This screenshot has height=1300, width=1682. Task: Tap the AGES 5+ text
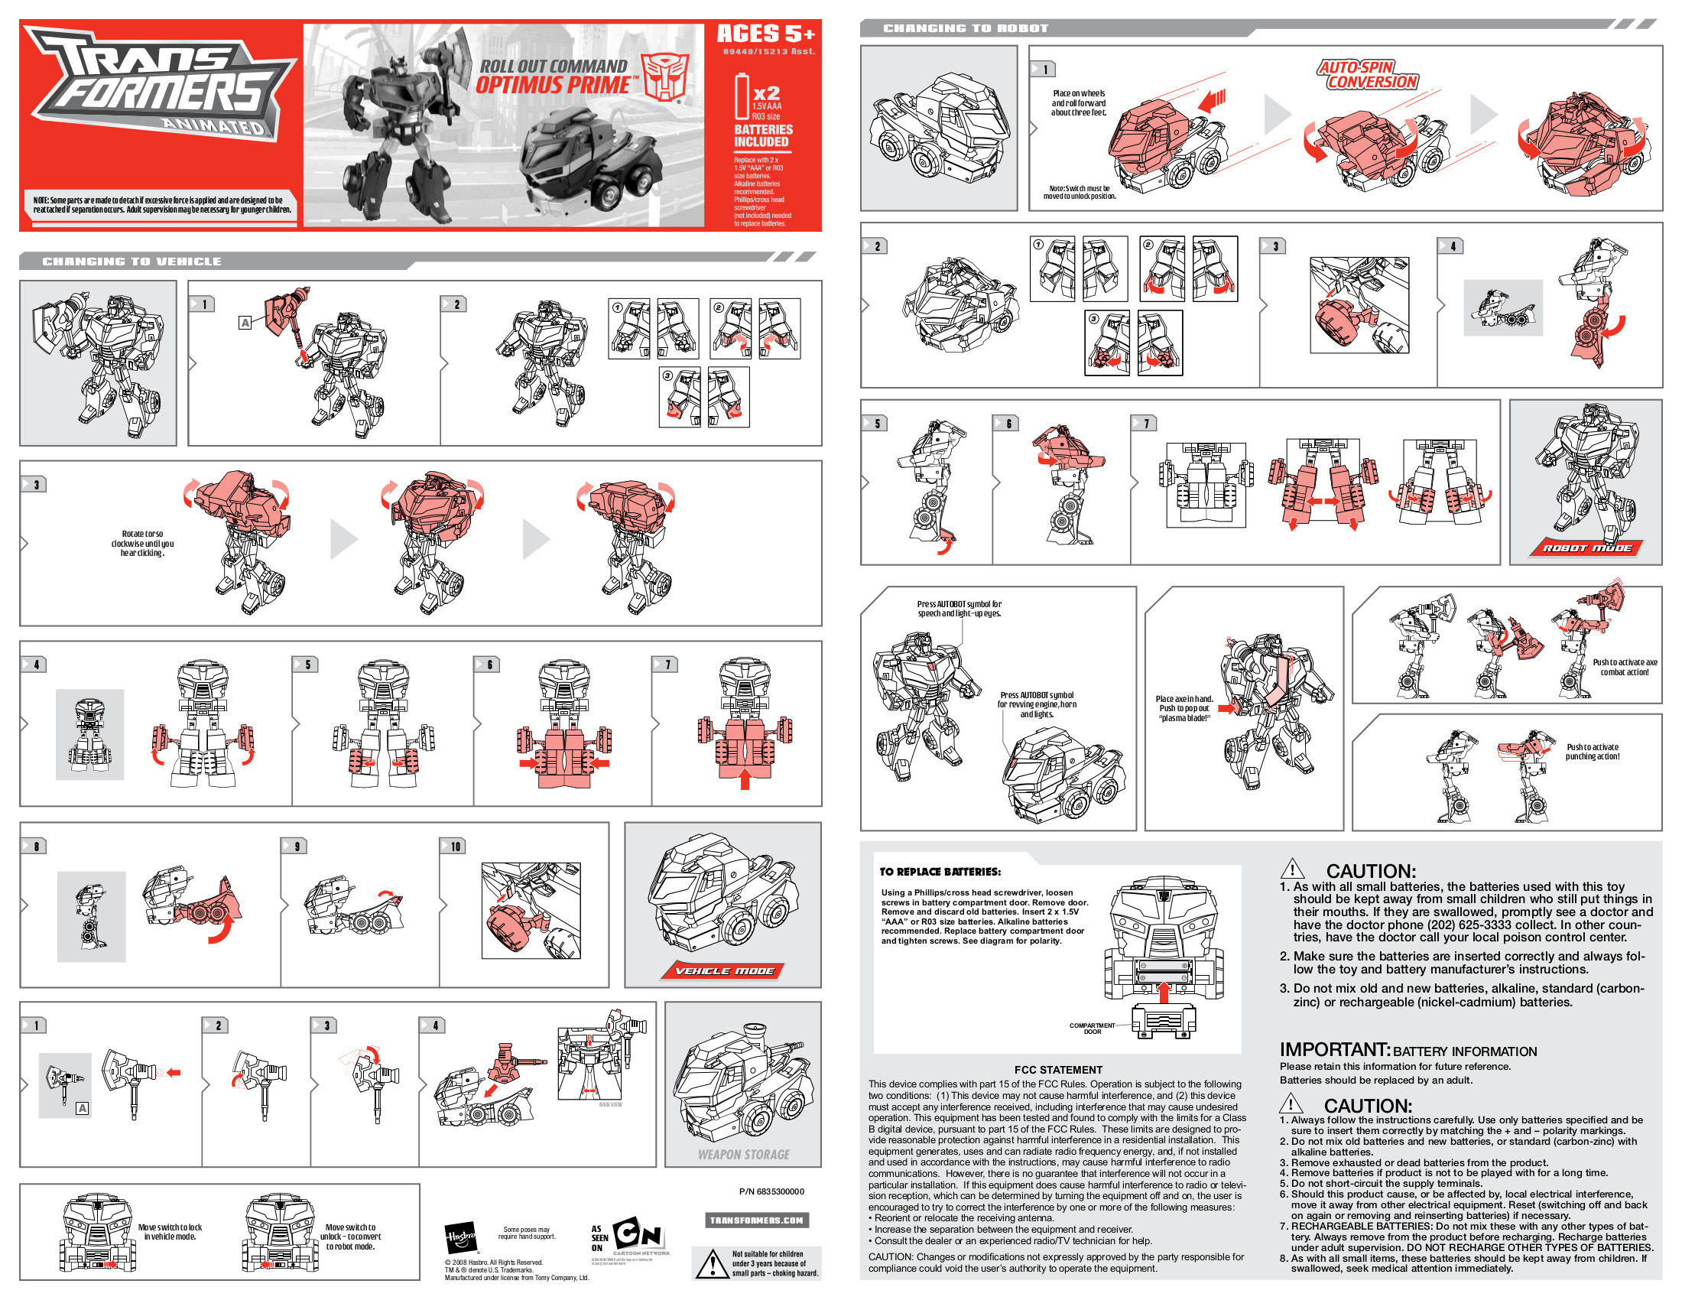coord(765,34)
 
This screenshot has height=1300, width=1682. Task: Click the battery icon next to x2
coord(742,96)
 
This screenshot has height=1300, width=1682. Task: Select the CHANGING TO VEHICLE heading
coord(132,262)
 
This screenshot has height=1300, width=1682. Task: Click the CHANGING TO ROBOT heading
coord(966,28)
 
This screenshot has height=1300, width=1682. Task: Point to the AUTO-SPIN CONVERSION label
coord(1367,75)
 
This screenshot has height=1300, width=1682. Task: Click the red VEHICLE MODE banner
coord(724,971)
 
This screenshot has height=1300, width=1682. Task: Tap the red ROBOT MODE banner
coord(1586,548)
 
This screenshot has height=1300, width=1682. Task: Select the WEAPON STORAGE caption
coord(743,1155)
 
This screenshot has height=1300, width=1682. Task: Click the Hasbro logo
coord(460,1238)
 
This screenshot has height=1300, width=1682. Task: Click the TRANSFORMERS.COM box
coord(756,1220)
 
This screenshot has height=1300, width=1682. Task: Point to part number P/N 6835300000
coord(771,1191)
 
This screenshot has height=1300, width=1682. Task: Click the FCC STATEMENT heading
coord(1057,1070)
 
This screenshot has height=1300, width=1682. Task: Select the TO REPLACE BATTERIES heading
coord(940,872)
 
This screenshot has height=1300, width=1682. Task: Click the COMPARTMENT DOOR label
coord(1091,1028)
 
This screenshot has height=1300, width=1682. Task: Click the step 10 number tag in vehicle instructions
coord(454,847)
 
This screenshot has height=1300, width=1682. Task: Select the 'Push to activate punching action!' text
coord(1592,752)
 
